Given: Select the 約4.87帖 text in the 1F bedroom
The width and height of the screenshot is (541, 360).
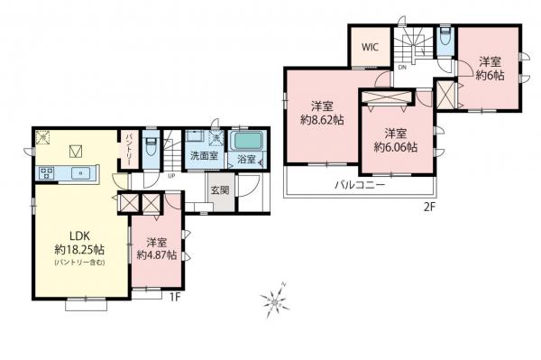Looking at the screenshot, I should [154, 255].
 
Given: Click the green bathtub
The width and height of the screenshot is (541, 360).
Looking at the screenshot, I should [244, 142].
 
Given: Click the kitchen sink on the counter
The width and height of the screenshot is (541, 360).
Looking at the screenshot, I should [79, 172].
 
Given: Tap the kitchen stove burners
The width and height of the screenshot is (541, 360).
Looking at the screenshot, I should [46, 172].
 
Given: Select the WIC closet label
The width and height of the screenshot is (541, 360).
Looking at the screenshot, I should [370, 48].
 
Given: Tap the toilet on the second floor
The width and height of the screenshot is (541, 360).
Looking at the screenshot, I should [444, 39].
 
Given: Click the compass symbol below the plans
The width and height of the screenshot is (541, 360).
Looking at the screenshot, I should [273, 299].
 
